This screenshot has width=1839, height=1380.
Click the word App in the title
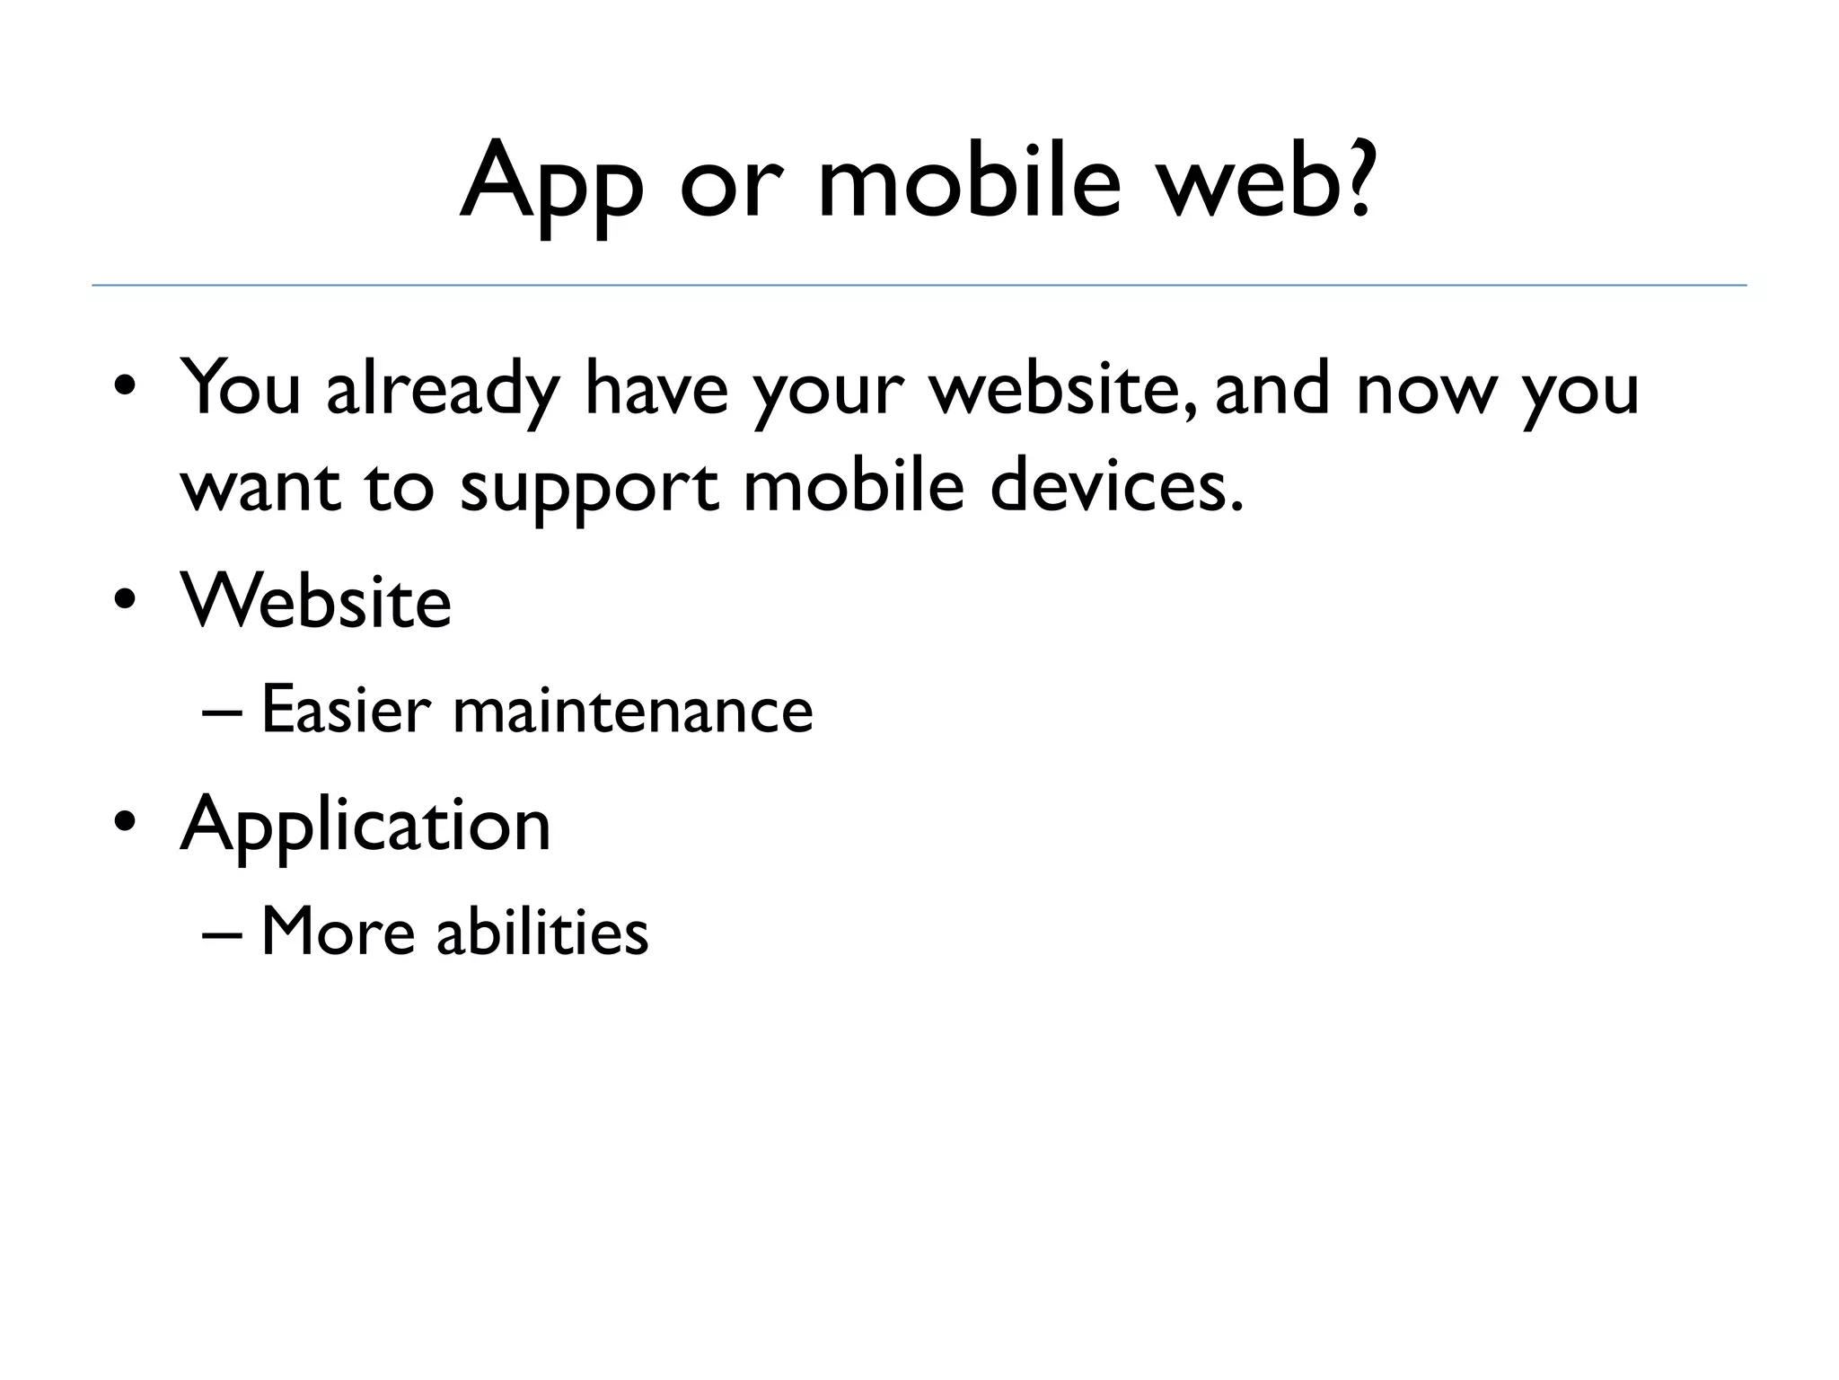click(x=550, y=184)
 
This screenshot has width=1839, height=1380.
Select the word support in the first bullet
click(x=589, y=490)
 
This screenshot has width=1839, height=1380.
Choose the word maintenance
click(x=633, y=710)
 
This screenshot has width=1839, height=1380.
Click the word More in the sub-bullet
click(x=338, y=932)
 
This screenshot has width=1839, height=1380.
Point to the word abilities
click(x=542, y=932)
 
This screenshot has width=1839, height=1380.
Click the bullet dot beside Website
click(x=125, y=599)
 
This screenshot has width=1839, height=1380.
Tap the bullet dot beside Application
click(x=125, y=821)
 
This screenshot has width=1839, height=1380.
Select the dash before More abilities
click(x=222, y=933)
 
